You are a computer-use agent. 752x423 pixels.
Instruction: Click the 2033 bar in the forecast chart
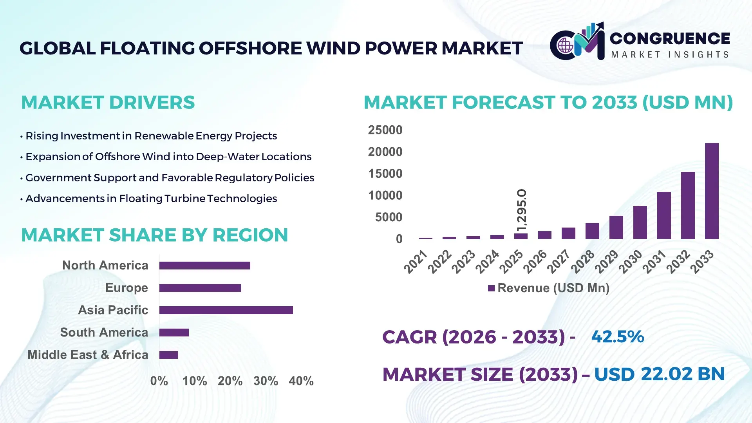712,191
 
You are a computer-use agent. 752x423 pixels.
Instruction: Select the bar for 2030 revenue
640,222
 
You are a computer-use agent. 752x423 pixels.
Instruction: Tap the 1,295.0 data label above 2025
522,210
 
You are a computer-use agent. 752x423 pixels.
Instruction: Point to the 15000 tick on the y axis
385,174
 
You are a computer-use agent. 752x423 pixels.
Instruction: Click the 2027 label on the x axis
559,261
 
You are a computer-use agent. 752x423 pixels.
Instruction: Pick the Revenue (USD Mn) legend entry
549,288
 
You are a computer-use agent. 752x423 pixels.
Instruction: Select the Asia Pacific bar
226,310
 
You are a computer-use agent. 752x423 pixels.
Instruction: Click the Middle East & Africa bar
169,355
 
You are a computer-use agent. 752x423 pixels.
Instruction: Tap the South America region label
104,333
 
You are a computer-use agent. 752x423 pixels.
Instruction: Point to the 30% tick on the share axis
266,381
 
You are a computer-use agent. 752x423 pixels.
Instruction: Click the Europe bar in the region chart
200,288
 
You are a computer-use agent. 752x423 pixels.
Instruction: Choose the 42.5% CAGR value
618,337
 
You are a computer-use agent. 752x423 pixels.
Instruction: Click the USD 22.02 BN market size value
660,374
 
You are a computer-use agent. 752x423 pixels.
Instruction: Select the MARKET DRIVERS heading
108,103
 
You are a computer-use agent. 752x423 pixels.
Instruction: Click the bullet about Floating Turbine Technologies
151,199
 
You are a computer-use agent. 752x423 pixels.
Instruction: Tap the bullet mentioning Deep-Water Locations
168,157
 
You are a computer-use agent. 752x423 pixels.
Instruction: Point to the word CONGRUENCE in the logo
670,38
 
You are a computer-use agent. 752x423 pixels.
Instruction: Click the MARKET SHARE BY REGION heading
154,235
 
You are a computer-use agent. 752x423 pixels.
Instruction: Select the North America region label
105,266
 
